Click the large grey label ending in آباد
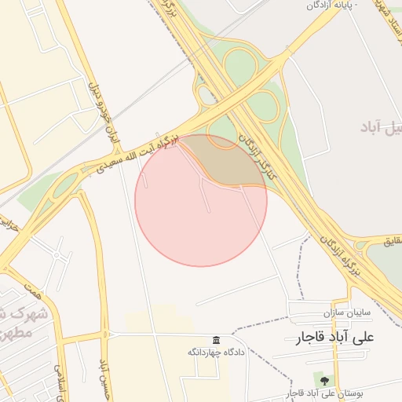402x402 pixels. (x=381, y=128)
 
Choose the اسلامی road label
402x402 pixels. (x=59, y=380)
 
